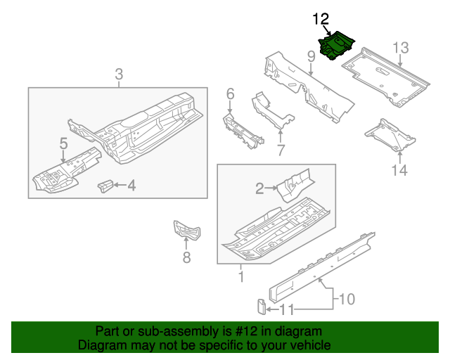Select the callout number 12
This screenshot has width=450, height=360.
point(321,18)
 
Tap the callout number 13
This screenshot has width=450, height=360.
point(400,48)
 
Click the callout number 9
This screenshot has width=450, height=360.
point(310,56)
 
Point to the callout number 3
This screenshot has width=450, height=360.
point(119,74)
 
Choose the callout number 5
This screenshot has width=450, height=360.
point(63,144)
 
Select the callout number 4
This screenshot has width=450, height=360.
point(131,186)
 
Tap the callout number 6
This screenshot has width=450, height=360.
point(230,94)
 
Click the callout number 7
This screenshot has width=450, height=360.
point(280,150)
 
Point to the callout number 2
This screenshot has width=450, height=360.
point(259,188)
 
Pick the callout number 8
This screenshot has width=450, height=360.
point(186,258)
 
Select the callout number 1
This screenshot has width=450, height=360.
point(240,278)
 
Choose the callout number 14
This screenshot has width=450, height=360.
point(399,169)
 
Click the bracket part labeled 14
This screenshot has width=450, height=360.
point(385,134)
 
